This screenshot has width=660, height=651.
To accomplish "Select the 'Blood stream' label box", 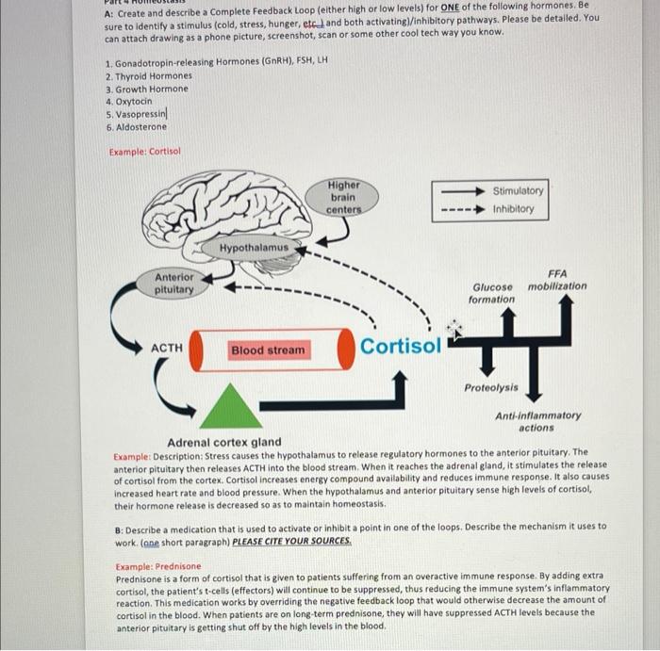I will (268, 350).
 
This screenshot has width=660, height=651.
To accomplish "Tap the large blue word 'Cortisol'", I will (400, 346).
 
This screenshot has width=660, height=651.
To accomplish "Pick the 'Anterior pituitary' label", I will (174, 284).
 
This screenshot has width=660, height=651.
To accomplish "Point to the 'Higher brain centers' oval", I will (343, 197).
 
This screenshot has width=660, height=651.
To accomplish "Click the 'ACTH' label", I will (167, 349).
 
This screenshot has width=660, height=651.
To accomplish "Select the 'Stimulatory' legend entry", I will (518, 190).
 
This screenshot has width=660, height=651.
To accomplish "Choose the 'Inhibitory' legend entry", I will (513, 209).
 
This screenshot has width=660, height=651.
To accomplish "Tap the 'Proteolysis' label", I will (490, 387).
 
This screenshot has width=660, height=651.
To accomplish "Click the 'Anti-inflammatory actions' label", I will (537, 421).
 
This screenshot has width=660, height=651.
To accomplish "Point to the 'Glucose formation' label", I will (492, 293).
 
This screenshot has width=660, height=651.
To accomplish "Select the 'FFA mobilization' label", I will (556, 279).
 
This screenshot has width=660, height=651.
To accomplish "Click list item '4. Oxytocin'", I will (129, 101).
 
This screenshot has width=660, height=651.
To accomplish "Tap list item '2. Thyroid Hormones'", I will (148, 75).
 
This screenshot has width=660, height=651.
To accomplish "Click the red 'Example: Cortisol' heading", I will (144, 151).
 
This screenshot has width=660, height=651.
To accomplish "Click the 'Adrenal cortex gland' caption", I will (223, 442).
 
